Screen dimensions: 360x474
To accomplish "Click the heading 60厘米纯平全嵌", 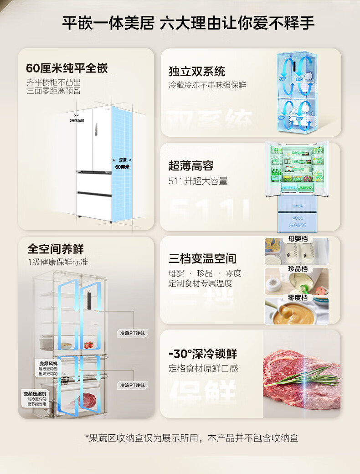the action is [x=67, y=69].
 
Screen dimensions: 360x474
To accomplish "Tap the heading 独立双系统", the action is [x=197, y=71].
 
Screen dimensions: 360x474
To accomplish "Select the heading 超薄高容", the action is [x=191, y=166].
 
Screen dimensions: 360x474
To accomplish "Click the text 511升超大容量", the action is [x=198, y=181].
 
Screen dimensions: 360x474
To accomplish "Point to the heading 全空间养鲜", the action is [x=56, y=249].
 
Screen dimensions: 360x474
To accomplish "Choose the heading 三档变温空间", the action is [x=202, y=259].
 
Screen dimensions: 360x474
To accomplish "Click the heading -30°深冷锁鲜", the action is [x=203, y=354].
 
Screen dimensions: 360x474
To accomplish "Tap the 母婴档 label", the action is [x=298, y=239].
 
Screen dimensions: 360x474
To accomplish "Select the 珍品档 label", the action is [x=298, y=269].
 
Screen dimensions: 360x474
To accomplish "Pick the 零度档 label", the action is [x=298, y=298].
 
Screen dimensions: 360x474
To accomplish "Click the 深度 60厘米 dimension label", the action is [x=123, y=164].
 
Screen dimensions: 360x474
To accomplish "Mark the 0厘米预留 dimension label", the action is [x=77, y=121].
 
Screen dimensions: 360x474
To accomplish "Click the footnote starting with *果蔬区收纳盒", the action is [x=191, y=438].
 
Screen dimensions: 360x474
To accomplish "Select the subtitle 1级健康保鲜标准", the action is [x=57, y=262].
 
